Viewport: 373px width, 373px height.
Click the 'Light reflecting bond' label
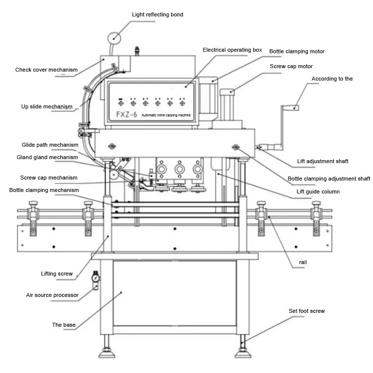click(x=158, y=14)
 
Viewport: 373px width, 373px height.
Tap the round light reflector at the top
click(x=114, y=38)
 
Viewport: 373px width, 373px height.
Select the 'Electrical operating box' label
click(x=232, y=50)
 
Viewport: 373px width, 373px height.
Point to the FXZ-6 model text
click(x=126, y=115)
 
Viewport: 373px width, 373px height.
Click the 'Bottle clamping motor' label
click(x=296, y=51)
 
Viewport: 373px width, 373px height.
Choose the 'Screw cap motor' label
click(x=291, y=66)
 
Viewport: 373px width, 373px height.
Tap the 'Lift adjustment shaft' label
click(x=323, y=161)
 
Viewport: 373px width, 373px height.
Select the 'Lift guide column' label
click(x=318, y=192)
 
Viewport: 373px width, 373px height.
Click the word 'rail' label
click(x=303, y=262)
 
